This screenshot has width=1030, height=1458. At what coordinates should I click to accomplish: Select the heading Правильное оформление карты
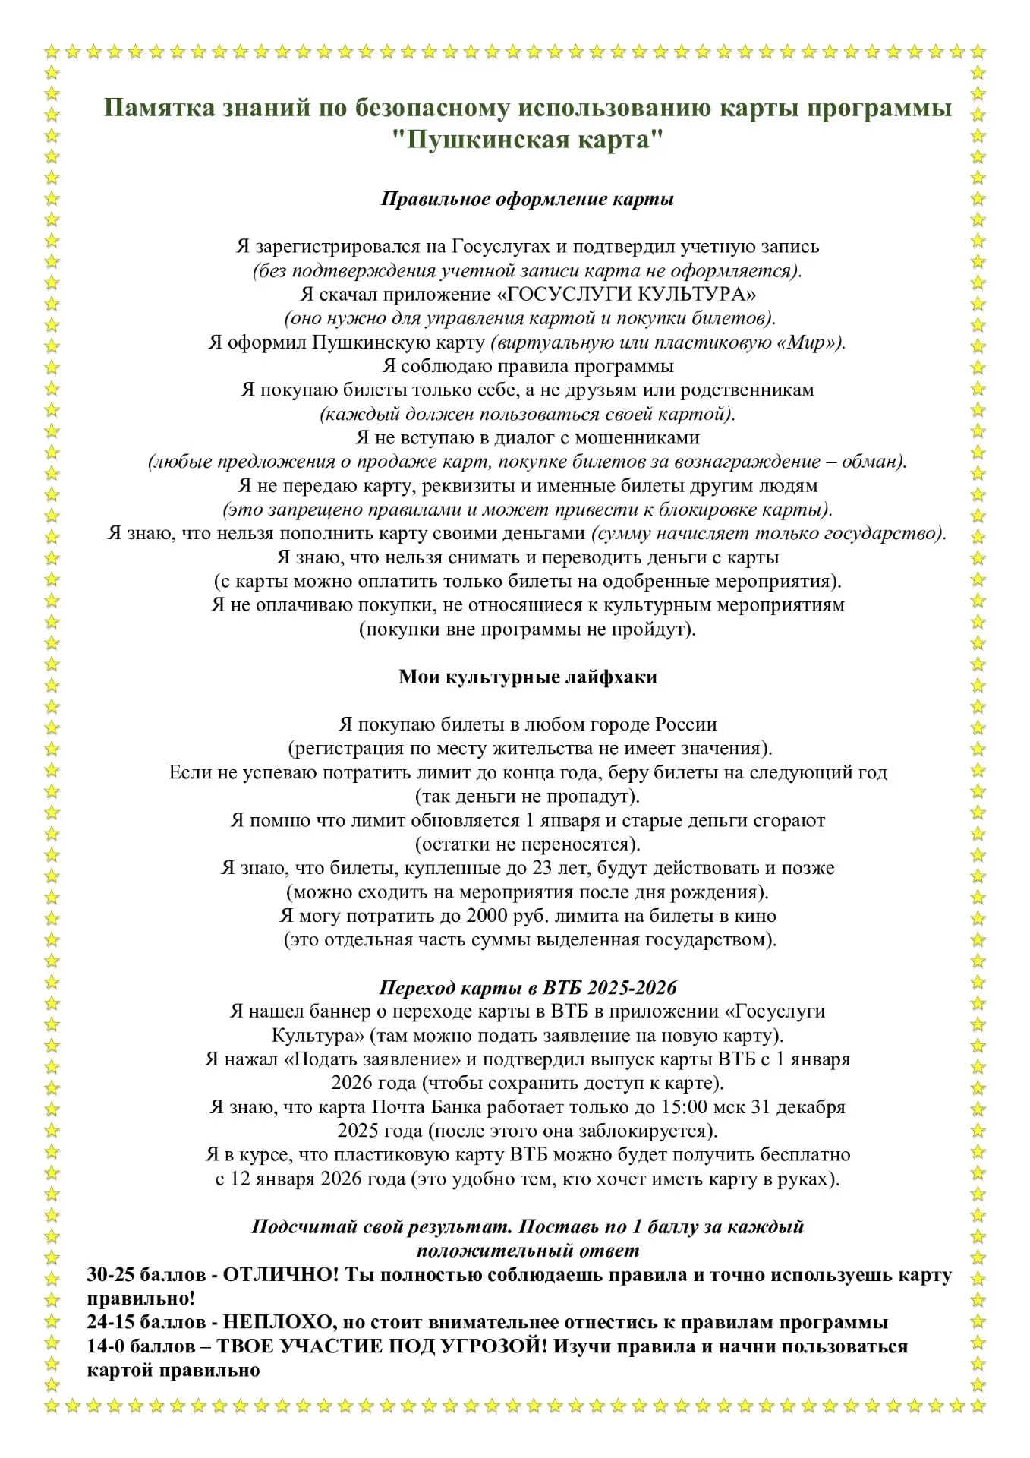(528, 200)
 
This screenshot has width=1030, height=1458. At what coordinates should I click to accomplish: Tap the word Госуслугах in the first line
(500, 247)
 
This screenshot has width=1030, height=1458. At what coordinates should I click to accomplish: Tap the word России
(688, 724)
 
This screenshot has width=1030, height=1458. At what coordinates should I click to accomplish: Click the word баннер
(339, 1011)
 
